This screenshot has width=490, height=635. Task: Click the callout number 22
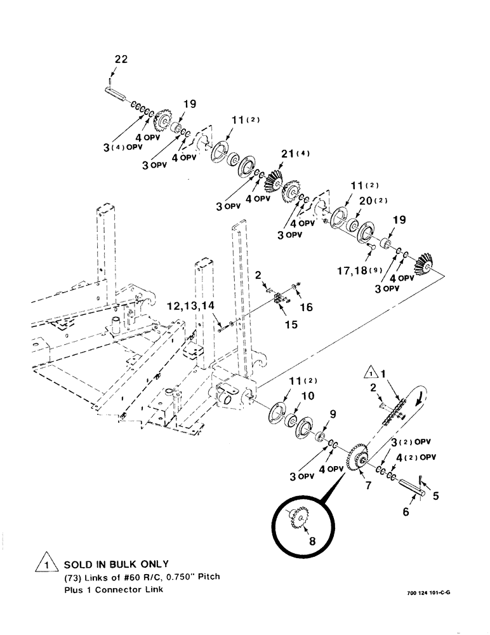pos(121,59)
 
